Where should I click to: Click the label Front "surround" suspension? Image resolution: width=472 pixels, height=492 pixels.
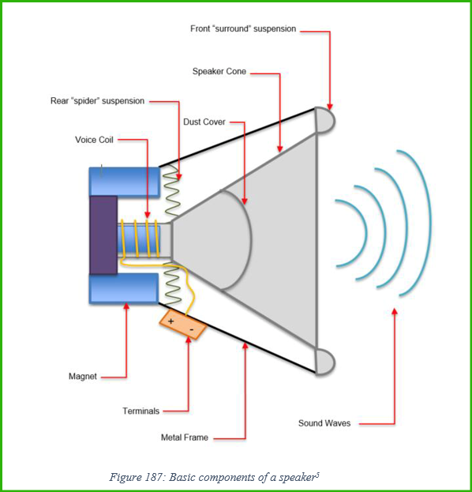tap(243, 29)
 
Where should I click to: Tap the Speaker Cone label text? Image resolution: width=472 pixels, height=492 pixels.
tap(219, 72)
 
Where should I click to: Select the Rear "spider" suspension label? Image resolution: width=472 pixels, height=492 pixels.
tap(98, 101)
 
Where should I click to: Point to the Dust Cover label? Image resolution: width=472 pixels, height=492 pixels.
tap(204, 122)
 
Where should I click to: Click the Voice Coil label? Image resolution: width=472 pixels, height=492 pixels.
tap(94, 140)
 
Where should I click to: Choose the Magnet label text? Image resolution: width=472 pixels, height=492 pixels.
tap(83, 376)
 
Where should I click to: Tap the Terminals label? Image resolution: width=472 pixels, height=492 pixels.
tap(140, 411)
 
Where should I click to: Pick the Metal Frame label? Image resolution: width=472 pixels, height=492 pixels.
tap(185, 437)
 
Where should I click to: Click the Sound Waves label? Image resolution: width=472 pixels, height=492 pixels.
tap(324, 423)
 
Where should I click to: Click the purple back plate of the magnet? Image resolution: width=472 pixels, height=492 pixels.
tap(103, 235)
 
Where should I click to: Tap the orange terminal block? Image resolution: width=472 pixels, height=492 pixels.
tap(183, 325)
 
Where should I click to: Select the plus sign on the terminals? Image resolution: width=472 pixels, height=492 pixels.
tap(171, 321)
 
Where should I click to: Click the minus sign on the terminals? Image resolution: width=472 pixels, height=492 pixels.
tap(192, 329)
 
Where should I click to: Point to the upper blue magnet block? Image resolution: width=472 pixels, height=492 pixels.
tap(125, 182)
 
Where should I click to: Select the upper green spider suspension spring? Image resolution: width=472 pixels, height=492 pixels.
tap(171, 191)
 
